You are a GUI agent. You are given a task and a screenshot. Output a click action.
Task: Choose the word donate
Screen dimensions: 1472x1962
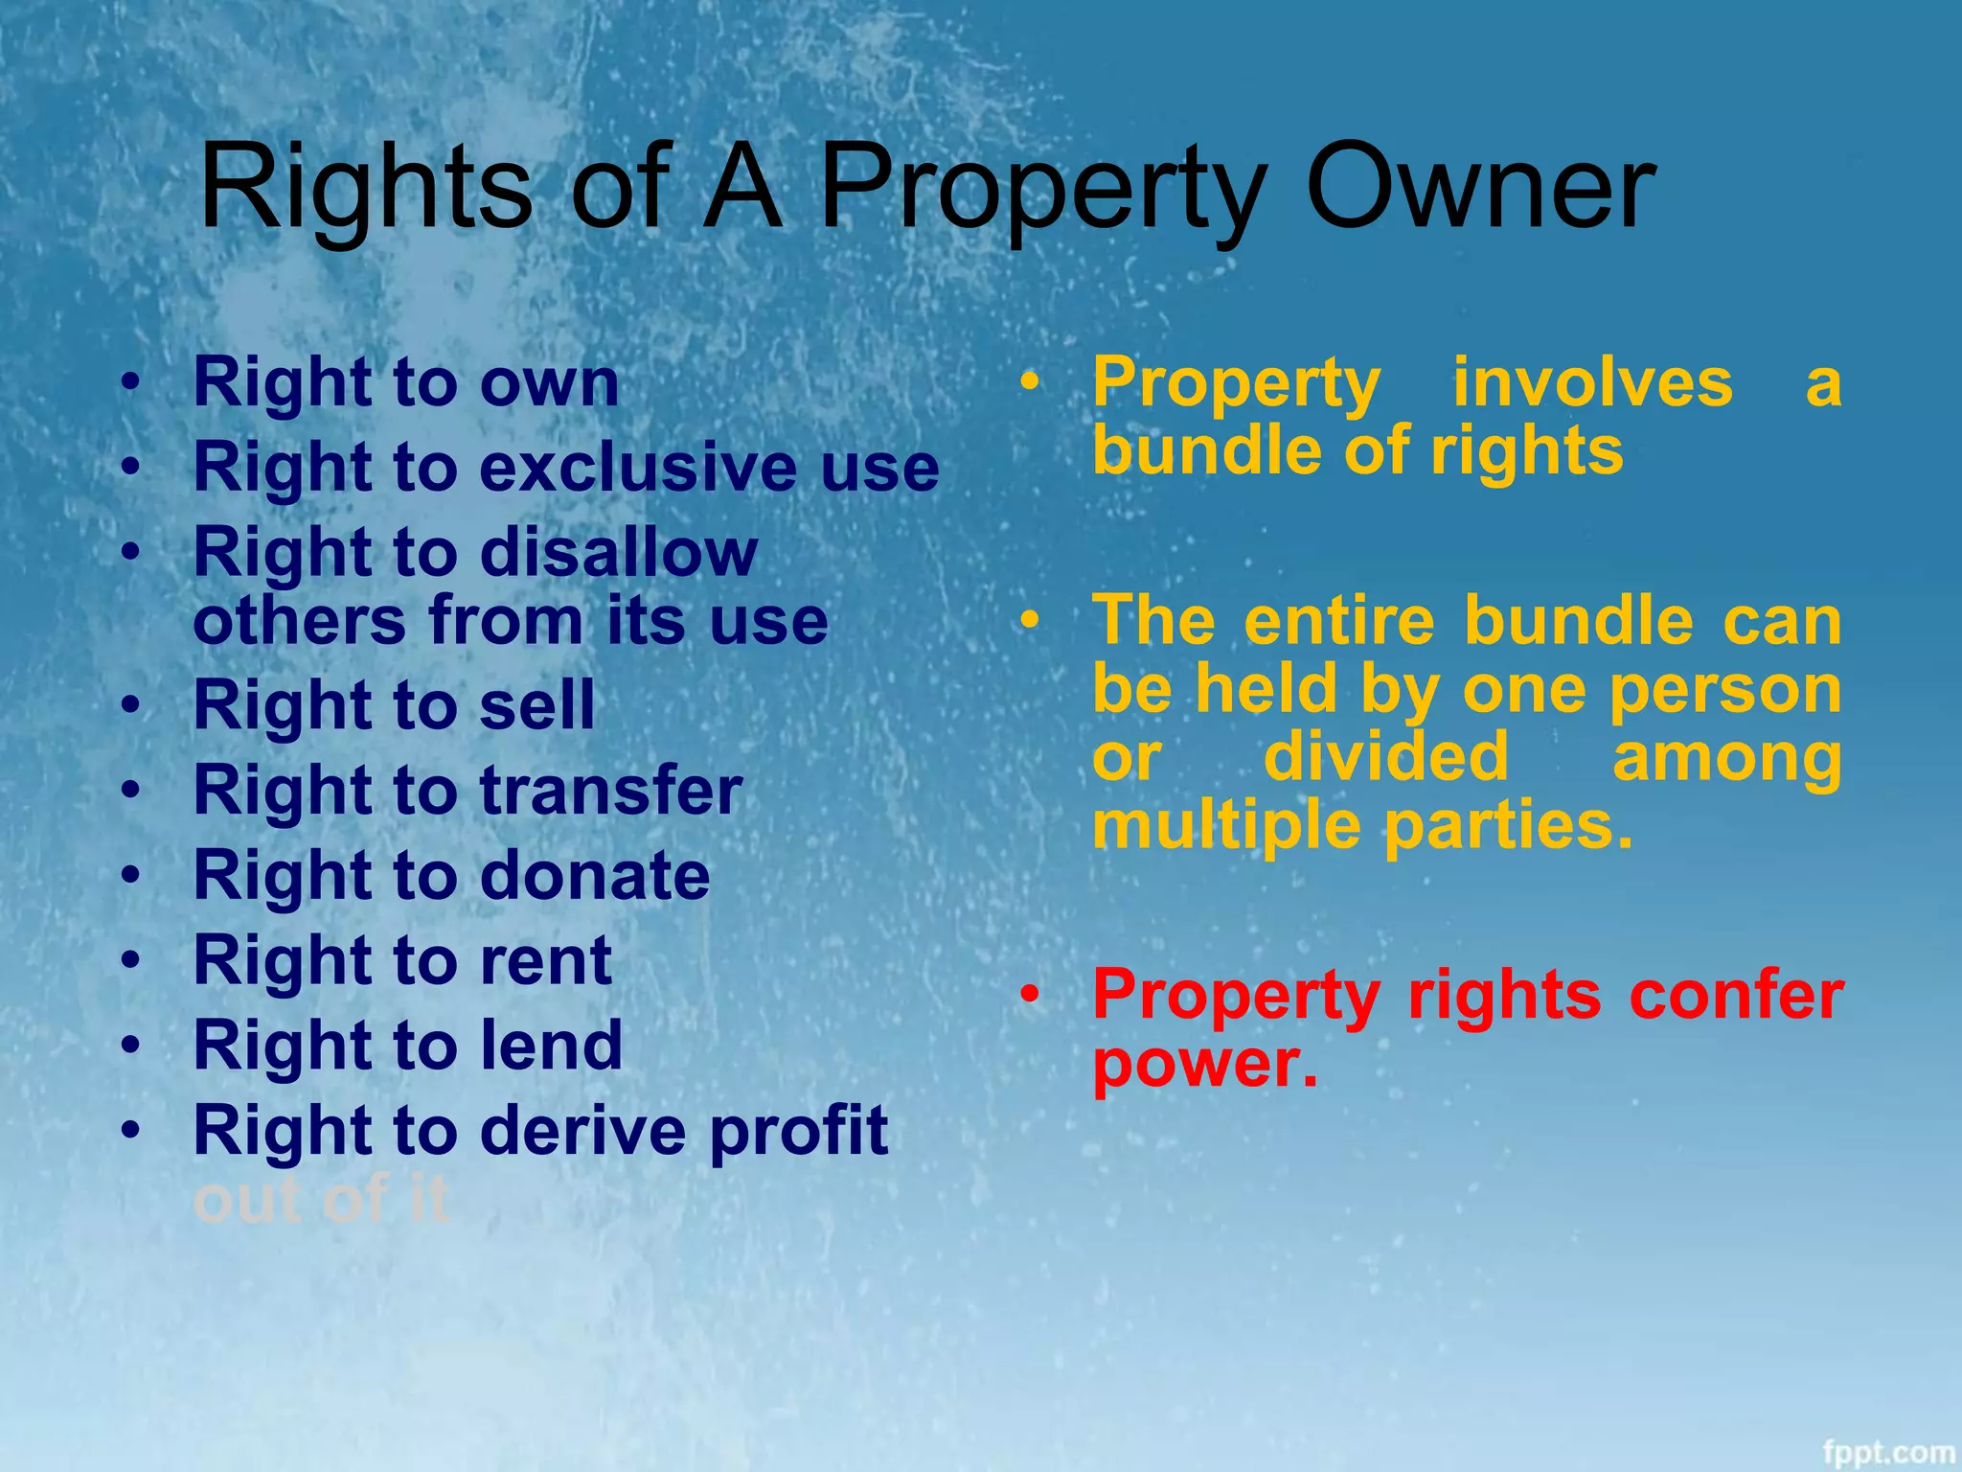[595, 875]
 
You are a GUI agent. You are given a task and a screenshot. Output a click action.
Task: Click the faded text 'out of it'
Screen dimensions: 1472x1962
[321, 1200]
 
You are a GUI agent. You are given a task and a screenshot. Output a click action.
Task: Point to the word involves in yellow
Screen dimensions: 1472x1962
[1593, 382]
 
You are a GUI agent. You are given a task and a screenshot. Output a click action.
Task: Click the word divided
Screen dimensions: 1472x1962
[1386, 757]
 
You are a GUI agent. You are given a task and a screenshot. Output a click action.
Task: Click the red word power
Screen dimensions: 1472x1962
[1204, 1064]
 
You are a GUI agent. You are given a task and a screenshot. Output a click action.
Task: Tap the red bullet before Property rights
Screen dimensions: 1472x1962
[1029, 996]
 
